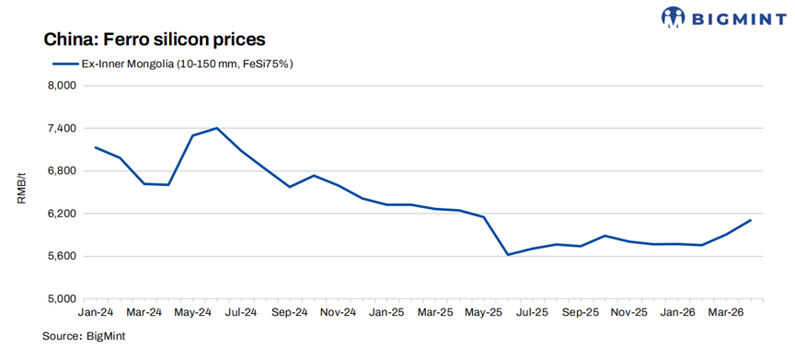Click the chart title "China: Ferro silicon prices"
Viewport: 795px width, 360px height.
(154, 40)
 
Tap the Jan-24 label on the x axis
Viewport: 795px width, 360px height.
(97, 313)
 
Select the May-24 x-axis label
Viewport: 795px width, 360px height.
(192, 313)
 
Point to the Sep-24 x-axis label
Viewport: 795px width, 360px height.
(289, 313)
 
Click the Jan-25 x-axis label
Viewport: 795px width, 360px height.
(386, 313)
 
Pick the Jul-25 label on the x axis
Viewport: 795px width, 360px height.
(532, 313)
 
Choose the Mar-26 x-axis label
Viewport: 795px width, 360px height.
(726, 313)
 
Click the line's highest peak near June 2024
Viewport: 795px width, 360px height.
(216, 128)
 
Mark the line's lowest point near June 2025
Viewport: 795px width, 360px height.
(508, 255)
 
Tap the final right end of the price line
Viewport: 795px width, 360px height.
(751, 220)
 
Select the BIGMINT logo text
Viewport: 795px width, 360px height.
(740, 17)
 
